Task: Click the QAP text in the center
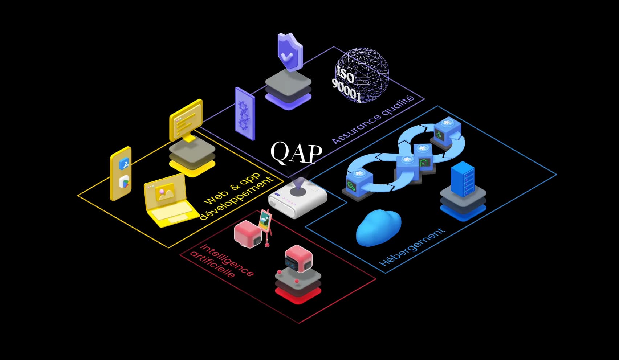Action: [x=296, y=153]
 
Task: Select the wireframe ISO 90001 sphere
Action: [x=361, y=74]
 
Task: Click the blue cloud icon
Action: [x=379, y=228]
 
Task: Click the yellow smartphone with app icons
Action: [x=121, y=173]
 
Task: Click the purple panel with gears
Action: [x=245, y=113]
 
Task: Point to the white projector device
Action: [x=297, y=197]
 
